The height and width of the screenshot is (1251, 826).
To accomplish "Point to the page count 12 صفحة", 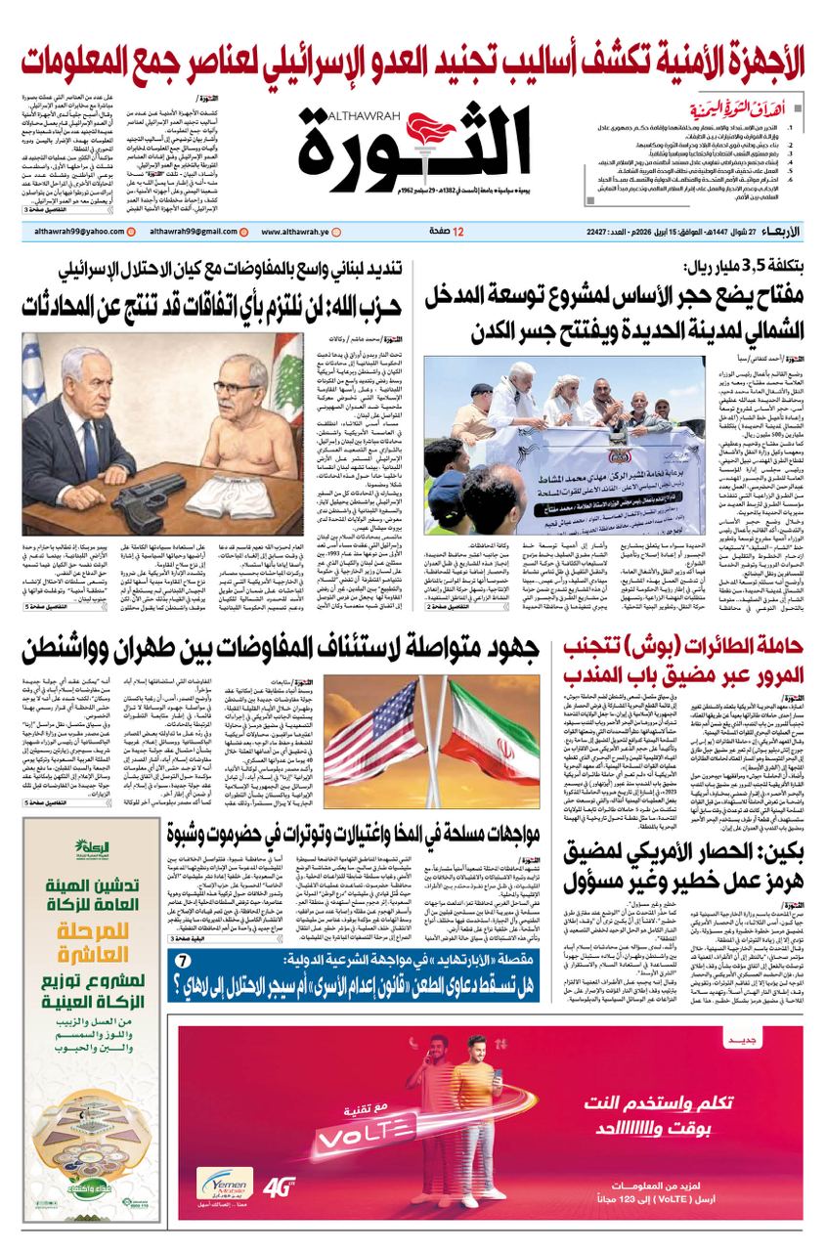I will point(448,232).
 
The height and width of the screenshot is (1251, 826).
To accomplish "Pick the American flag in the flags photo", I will point(370,723).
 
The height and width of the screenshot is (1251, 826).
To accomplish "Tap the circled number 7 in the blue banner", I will point(183,961).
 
